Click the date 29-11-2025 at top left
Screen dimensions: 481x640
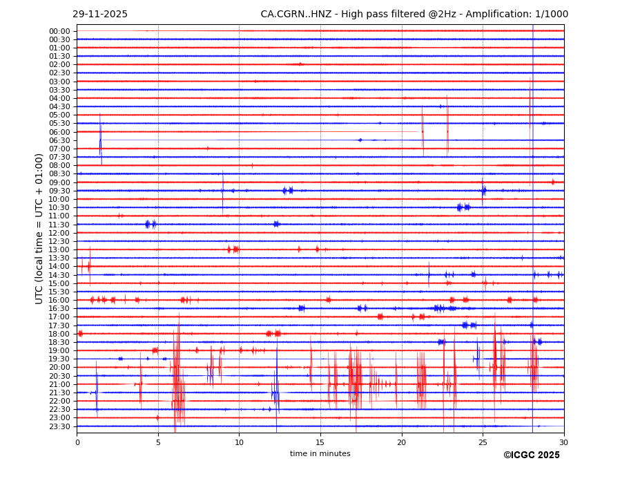coord(100,15)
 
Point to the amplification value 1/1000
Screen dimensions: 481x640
coord(551,15)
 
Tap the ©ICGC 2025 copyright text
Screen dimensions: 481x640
coord(531,455)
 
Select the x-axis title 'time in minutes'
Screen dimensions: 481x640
coord(320,454)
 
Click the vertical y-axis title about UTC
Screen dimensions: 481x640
coord(39,229)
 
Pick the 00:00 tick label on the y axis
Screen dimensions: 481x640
coord(59,31)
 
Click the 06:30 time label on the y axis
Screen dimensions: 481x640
coord(59,140)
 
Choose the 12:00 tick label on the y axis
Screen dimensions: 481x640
coord(59,233)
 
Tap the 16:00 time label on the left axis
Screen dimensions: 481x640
coord(59,300)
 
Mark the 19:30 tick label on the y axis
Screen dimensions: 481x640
coord(59,359)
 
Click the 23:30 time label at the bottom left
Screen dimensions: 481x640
coord(59,426)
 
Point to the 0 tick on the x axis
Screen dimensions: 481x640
coord(77,442)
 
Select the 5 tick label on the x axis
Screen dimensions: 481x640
coord(158,442)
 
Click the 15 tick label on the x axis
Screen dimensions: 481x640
coord(320,442)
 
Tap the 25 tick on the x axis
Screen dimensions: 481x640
coord(483,442)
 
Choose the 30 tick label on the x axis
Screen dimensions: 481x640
coord(564,442)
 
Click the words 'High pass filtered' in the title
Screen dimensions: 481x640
coord(371,15)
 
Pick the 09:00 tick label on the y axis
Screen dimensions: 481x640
coord(59,182)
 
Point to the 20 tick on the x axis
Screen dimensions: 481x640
coord(402,442)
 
